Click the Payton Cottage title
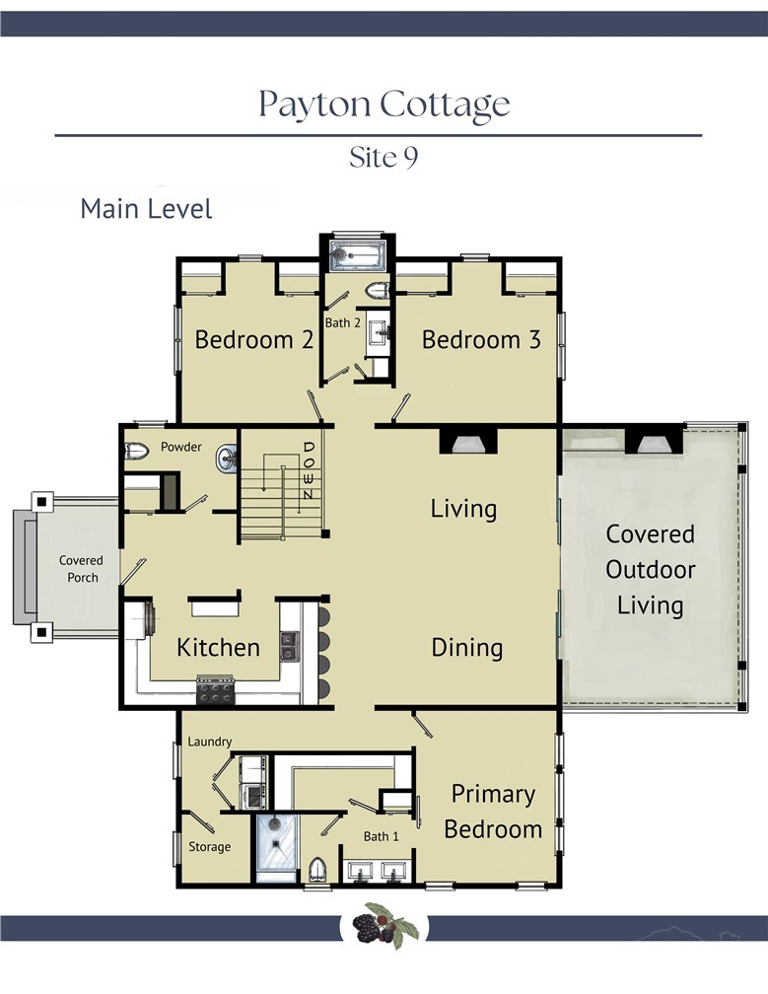384,104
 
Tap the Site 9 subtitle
384,157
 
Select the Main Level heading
146,209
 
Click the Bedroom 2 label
254,340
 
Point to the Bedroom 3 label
481,340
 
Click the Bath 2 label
343,322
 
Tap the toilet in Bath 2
378,291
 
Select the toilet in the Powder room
136,452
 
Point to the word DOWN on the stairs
308,470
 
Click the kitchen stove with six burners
216,690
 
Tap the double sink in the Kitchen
290,646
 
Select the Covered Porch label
82,569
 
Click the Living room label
463,509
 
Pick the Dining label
467,647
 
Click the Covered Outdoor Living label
650,569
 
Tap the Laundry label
210,742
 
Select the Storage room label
210,847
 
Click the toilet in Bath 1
317,869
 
